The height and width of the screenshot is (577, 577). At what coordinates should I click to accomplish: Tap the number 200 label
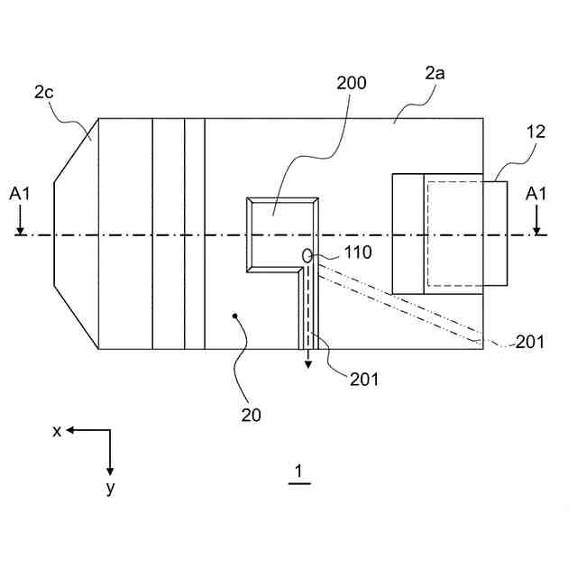351,84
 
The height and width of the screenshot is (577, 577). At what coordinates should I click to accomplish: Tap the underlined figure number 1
299,471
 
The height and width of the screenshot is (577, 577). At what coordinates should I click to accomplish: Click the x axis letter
57,431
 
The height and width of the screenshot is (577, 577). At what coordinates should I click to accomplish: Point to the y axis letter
110,488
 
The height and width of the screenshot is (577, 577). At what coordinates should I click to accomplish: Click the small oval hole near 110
307,256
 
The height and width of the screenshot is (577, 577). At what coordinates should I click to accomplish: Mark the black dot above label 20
236,316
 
